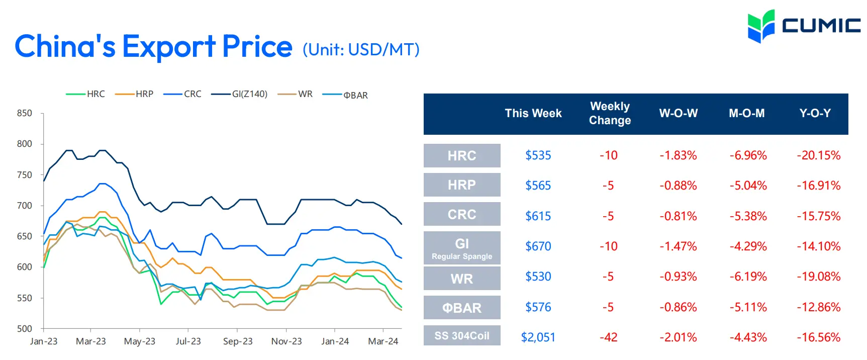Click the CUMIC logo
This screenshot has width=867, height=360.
(804, 26)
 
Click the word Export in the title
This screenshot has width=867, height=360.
(169, 47)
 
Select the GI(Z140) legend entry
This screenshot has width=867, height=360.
(239, 94)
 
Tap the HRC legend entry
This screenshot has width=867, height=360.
(85, 94)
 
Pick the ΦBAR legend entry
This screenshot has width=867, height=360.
(345, 95)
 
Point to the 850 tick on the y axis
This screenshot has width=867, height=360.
(25, 113)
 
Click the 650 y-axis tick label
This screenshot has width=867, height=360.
(25, 236)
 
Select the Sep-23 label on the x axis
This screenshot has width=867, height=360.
(238, 341)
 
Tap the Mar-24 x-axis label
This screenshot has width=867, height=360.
(383, 341)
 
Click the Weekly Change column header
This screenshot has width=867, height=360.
(610, 113)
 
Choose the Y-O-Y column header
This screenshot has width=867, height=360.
(815, 113)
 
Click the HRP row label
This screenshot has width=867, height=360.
(462, 185)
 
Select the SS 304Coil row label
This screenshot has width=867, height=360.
(462, 336)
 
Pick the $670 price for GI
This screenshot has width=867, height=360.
(538, 246)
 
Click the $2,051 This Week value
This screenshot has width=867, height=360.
(538, 337)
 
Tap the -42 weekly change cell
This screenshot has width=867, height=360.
(608, 337)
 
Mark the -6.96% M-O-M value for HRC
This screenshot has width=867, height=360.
(748, 155)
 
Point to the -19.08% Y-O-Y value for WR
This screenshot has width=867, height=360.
(819, 277)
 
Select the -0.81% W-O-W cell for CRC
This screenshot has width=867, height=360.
(678, 216)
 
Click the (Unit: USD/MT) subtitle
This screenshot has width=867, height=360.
(361, 50)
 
